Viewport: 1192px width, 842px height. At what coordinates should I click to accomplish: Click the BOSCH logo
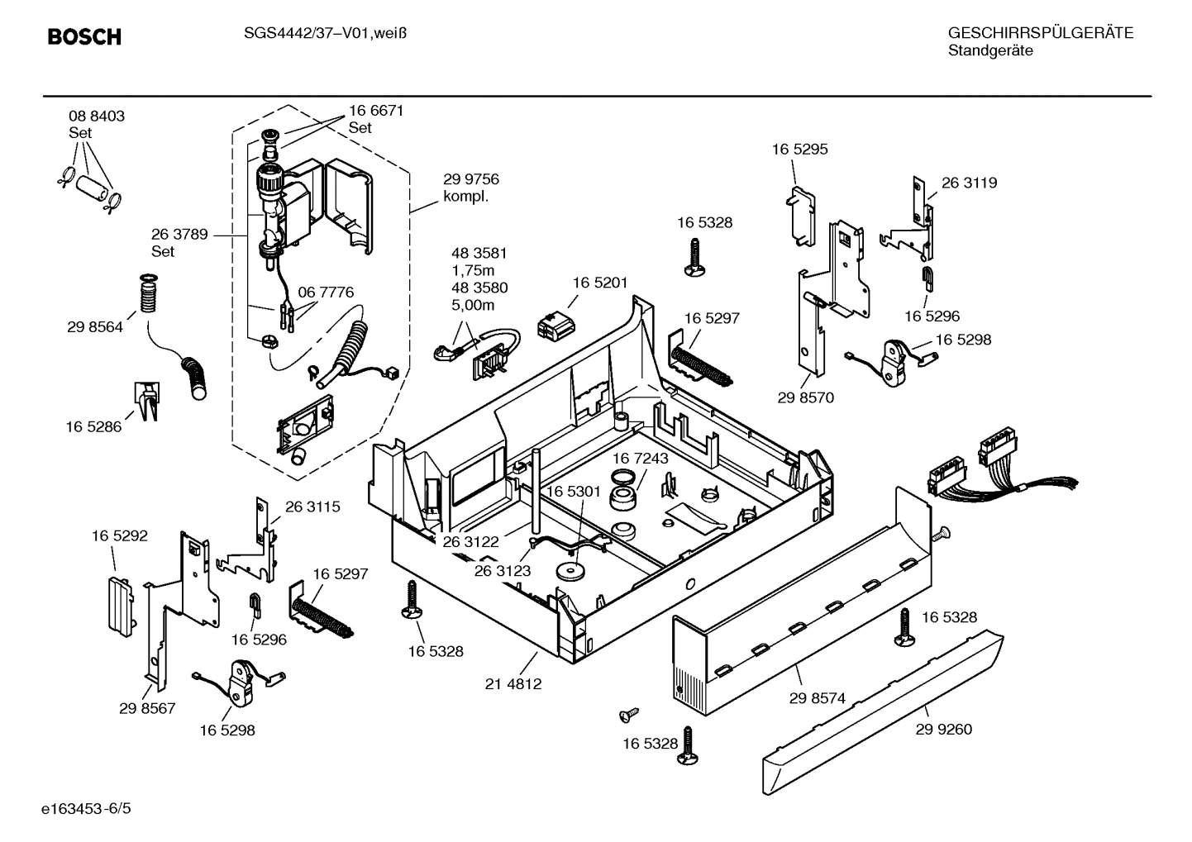pyautogui.click(x=84, y=36)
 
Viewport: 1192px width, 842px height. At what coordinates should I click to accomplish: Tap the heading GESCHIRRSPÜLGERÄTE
pyautogui.click(x=1040, y=33)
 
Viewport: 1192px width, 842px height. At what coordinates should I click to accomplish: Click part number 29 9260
pyautogui.click(x=943, y=729)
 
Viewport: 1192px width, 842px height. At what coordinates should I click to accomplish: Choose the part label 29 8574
pyautogui.click(x=817, y=698)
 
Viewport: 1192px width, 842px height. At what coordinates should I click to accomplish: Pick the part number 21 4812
pyautogui.click(x=513, y=684)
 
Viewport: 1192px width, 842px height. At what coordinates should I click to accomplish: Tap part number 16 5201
pyautogui.click(x=600, y=283)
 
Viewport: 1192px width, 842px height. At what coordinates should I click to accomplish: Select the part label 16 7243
pyautogui.click(x=640, y=458)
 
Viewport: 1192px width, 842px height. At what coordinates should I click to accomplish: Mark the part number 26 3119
pyautogui.click(x=969, y=183)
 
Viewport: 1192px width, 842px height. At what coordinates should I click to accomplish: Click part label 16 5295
pyautogui.click(x=799, y=150)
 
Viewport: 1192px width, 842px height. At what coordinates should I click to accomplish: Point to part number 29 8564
pyautogui.click(x=95, y=327)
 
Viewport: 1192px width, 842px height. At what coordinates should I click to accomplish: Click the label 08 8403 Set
pyautogui.click(x=97, y=124)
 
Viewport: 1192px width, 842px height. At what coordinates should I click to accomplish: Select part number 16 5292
pyautogui.click(x=119, y=536)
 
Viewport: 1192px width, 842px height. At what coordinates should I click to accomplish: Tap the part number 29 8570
pyautogui.click(x=805, y=397)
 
